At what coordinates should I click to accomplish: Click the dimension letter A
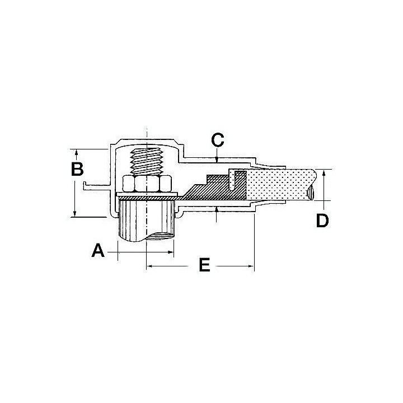pyautogui.click(x=98, y=251)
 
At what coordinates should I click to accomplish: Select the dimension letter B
pyautogui.click(x=77, y=169)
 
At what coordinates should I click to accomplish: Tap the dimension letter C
pyautogui.click(x=217, y=140)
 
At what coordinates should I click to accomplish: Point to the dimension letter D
pyautogui.click(x=322, y=221)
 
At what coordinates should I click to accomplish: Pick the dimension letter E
pyautogui.click(x=205, y=265)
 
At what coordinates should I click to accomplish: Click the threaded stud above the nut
pyautogui.click(x=147, y=162)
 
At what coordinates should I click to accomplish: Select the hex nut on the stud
pyautogui.click(x=147, y=184)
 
